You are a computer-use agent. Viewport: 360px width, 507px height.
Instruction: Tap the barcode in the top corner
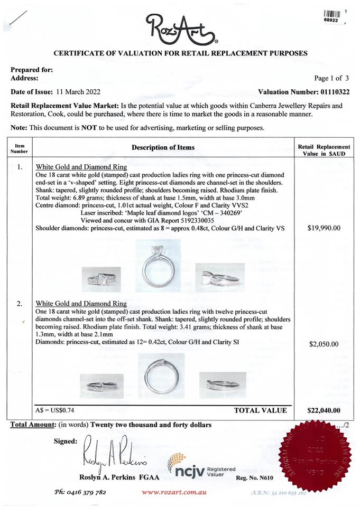pos(331,14)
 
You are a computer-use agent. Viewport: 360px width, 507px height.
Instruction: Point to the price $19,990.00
pos(324,229)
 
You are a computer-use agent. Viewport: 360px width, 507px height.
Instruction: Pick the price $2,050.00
pos(324,344)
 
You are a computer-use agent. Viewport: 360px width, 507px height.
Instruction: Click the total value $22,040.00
pos(324,410)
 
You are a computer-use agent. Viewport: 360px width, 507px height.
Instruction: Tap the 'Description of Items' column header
pos(163,147)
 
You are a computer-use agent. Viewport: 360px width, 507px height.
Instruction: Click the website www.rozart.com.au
pos(174,492)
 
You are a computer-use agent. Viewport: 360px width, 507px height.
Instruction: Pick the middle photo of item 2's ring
pos(161,377)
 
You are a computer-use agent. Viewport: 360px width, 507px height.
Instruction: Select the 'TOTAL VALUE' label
pos(260,410)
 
